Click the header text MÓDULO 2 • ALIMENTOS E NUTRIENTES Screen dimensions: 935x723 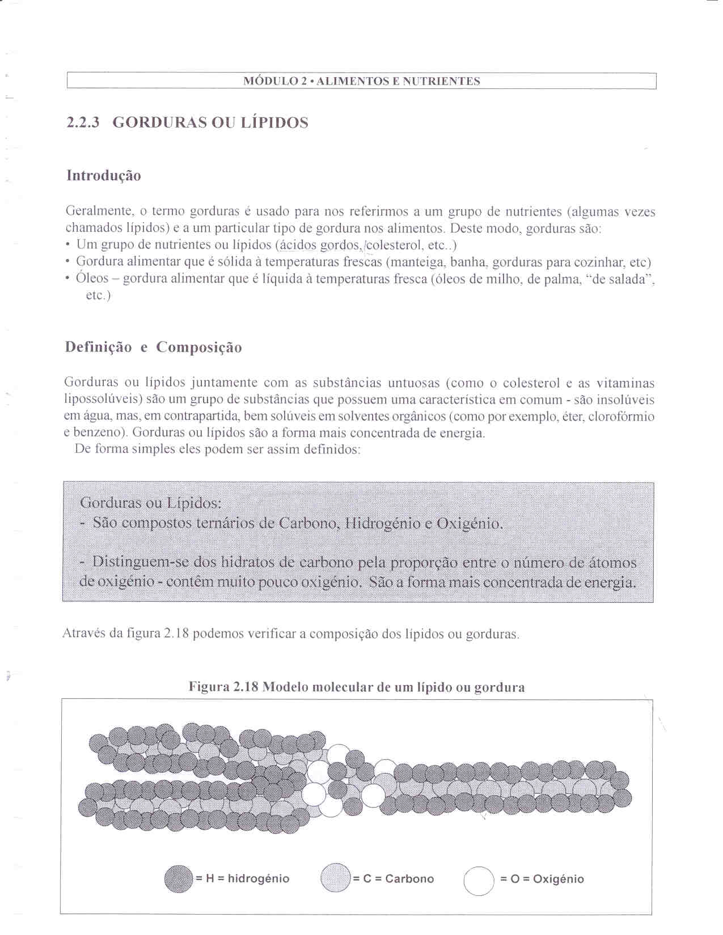[x=361, y=81]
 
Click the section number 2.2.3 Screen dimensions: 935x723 [x=83, y=122]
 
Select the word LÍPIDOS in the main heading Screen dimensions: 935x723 [x=275, y=122]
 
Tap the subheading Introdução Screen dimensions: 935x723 [x=104, y=176]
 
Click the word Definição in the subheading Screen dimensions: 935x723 [x=99, y=347]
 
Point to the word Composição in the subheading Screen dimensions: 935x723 [x=199, y=347]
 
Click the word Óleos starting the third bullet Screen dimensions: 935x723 [x=92, y=279]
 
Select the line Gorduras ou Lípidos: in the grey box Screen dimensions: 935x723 [x=151, y=503]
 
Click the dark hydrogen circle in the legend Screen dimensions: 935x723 [x=179, y=879]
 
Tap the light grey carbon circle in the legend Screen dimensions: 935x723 [x=336, y=879]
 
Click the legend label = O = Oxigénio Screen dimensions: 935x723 [x=542, y=879]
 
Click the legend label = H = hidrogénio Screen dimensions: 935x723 [x=243, y=879]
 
